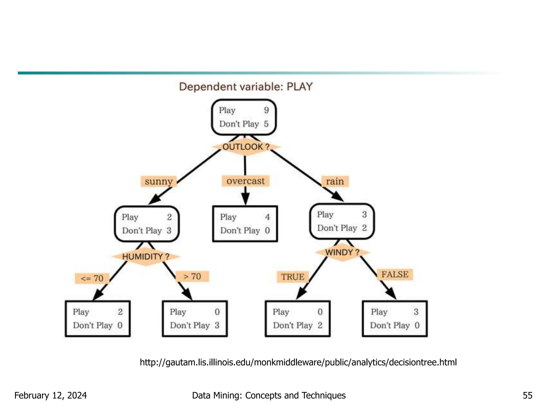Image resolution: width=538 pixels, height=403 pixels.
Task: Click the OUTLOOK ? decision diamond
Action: [x=246, y=147]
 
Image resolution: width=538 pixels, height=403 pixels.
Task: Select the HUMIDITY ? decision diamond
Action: [x=146, y=256]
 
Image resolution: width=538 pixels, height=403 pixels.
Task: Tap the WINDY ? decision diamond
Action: [x=342, y=252]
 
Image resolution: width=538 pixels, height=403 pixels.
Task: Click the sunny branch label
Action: [x=159, y=181]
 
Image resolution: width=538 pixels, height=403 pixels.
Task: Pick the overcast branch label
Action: [x=246, y=181]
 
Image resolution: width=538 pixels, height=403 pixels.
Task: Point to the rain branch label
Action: [x=335, y=181]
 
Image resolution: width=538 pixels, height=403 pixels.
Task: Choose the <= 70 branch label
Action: [x=92, y=278]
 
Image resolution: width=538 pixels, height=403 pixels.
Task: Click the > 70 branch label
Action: [x=192, y=276]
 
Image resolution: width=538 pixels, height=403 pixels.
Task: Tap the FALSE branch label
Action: [x=395, y=274]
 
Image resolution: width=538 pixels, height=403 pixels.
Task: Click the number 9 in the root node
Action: [x=266, y=110]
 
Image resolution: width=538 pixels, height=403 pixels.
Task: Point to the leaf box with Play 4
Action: [x=245, y=224]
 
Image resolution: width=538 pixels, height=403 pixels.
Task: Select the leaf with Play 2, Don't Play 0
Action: [x=98, y=319]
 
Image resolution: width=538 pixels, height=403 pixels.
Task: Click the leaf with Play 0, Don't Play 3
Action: [x=195, y=319]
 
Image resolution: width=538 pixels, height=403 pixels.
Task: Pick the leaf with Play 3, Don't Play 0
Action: [x=395, y=319]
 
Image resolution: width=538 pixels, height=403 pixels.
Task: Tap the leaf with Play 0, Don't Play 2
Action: [x=298, y=319]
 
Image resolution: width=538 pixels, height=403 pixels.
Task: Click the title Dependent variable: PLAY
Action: [x=246, y=87]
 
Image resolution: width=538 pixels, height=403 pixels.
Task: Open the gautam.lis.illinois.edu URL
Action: [x=298, y=362]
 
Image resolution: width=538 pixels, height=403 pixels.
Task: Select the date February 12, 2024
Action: [x=50, y=395]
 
